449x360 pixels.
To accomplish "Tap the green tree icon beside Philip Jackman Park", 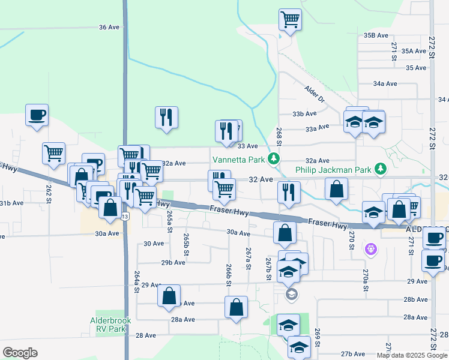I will (380, 170).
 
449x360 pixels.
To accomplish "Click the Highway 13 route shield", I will (125, 216).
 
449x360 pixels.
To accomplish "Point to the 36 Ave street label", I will (109, 28).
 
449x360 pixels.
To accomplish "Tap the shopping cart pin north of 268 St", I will (290, 19).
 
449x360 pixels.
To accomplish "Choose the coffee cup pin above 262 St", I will (37, 114).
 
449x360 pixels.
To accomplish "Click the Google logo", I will (20, 352).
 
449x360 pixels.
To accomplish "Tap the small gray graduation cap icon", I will (291, 294).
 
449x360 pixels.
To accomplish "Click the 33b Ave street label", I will (304, 114).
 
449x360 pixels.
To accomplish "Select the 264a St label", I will (137, 281).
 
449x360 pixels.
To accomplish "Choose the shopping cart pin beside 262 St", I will (54, 152).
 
